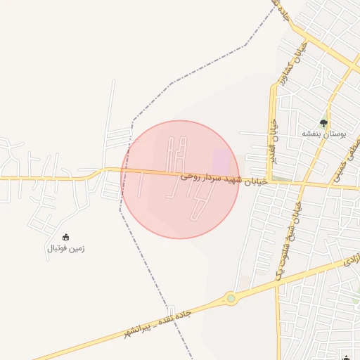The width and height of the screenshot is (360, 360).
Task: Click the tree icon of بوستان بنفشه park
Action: coord(323,123)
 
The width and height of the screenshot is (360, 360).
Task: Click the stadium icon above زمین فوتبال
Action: coord(66,238)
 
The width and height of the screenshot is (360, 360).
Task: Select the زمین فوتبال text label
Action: coord(66,248)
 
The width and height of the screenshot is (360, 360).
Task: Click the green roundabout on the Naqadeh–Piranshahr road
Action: coord(231,299)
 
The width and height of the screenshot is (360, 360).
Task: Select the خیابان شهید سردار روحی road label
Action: coord(224,179)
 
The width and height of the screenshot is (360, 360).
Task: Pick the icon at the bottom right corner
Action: coord(345,356)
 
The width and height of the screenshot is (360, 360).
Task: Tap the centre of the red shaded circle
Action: coord(180,179)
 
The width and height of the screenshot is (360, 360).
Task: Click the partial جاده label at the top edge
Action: coord(282,10)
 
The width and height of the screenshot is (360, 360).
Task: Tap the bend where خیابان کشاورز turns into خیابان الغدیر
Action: coord(274,86)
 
